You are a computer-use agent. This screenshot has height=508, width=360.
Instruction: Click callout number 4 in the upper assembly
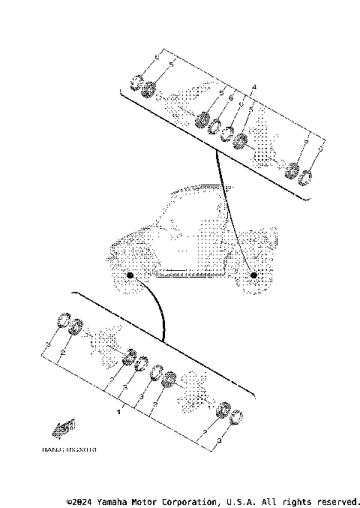(x=254, y=87)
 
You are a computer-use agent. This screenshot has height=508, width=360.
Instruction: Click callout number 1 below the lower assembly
(x=118, y=411)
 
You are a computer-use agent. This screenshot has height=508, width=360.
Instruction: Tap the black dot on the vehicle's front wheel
(x=130, y=276)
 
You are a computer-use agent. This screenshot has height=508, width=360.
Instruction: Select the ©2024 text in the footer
(x=79, y=500)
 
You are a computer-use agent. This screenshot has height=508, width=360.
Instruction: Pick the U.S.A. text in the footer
(x=243, y=500)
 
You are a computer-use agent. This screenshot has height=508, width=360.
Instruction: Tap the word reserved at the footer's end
(x=337, y=500)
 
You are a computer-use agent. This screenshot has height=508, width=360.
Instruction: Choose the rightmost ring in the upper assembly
(x=305, y=179)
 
